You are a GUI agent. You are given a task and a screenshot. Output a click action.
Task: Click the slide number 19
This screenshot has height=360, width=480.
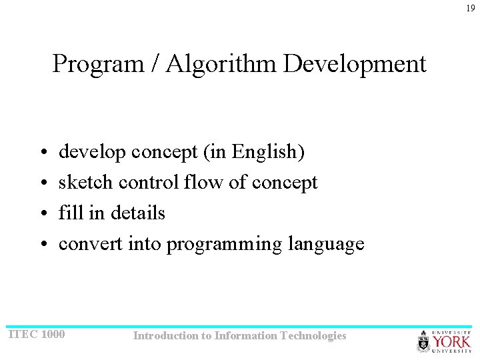(471, 9)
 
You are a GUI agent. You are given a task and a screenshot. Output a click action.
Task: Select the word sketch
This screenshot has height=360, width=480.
(83, 183)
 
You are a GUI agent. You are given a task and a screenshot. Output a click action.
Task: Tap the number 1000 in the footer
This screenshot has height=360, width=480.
(53, 334)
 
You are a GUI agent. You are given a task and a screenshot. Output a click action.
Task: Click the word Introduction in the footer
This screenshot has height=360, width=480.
(165, 336)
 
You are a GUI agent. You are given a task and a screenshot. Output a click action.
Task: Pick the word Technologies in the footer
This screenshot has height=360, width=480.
(314, 336)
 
